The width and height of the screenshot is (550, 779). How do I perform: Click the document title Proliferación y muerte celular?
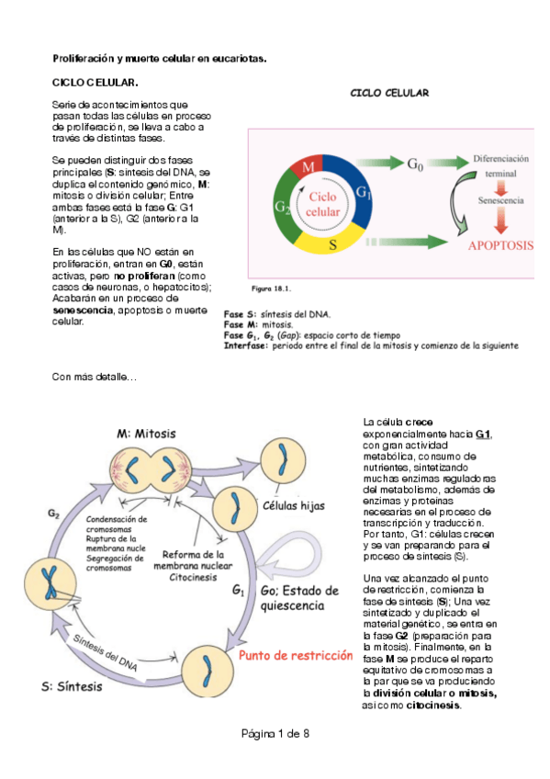tap(159, 58)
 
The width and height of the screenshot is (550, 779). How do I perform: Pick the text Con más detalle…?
tap(95, 378)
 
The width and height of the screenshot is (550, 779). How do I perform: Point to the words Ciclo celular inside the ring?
tap(322, 204)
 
